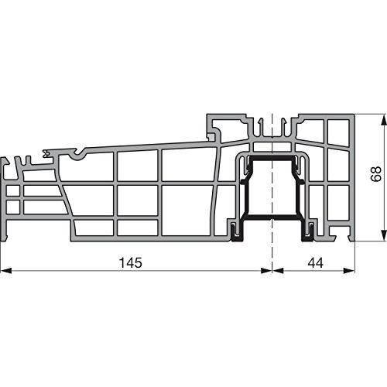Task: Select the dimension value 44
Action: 314,262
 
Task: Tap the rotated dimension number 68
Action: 373,176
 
